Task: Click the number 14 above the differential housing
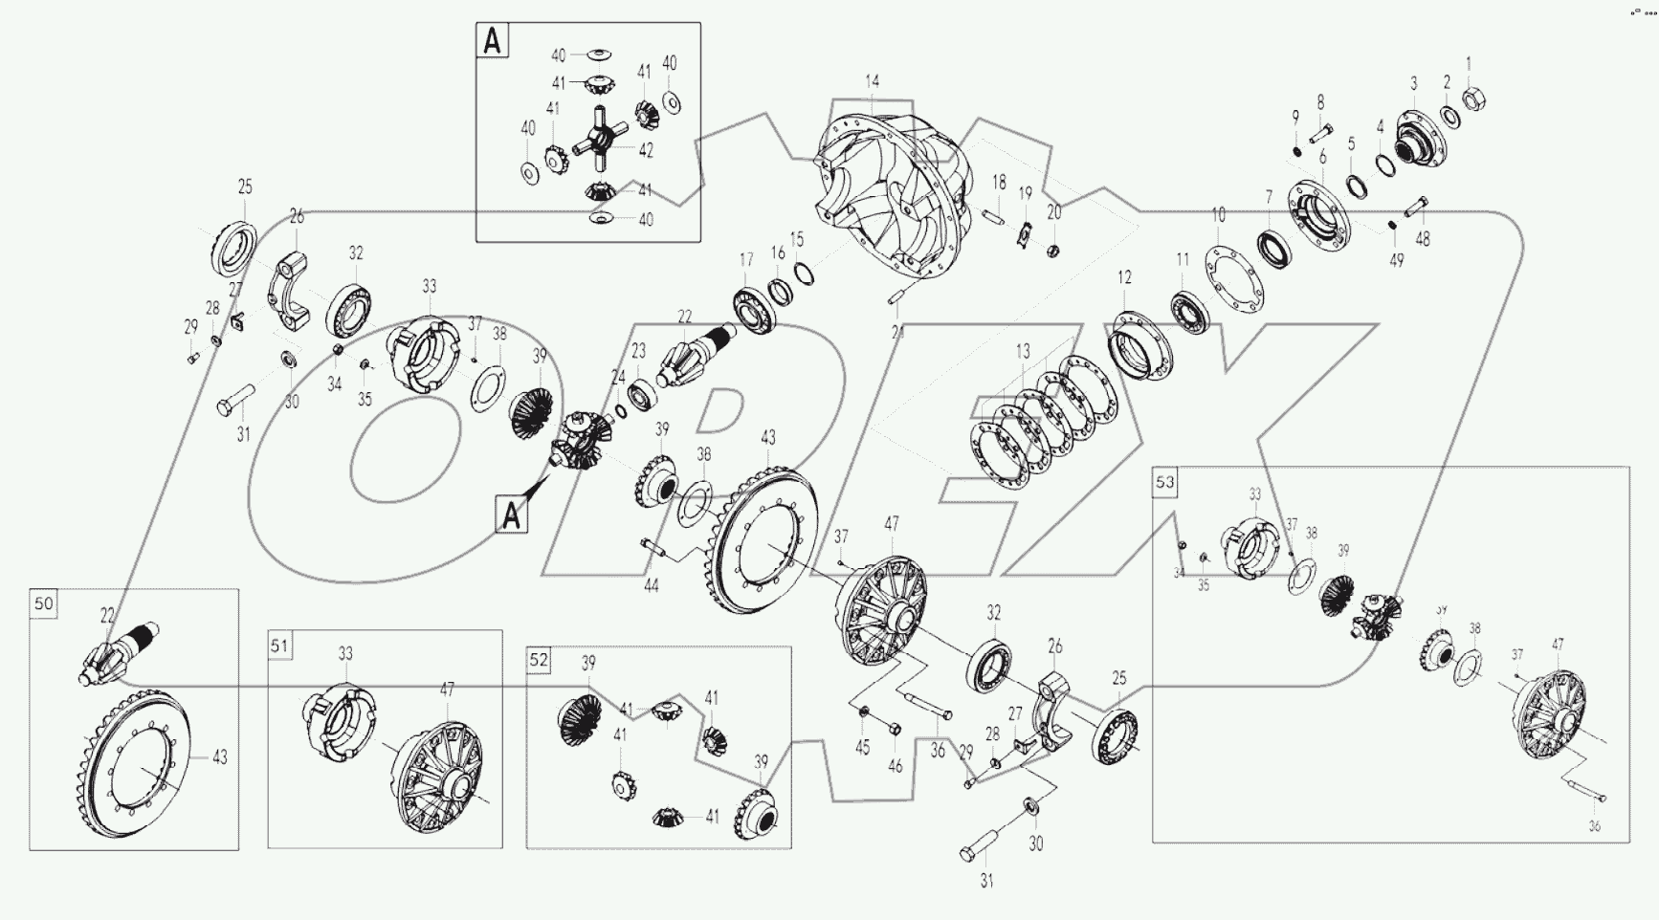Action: [x=872, y=82]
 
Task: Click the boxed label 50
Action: [x=44, y=603]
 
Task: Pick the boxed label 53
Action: [x=1164, y=482]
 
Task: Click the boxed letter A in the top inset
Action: [x=493, y=42]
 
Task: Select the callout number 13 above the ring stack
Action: [x=1023, y=352]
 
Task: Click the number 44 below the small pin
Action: [x=651, y=585]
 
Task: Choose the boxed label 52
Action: [x=540, y=660]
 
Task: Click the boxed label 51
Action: [x=278, y=646]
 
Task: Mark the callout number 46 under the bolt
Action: [x=895, y=766]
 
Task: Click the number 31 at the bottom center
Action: [x=986, y=881]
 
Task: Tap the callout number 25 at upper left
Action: [x=245, y=186]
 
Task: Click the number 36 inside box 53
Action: [x=1593, y=826]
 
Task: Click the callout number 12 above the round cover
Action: [x=1124, y=277]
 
